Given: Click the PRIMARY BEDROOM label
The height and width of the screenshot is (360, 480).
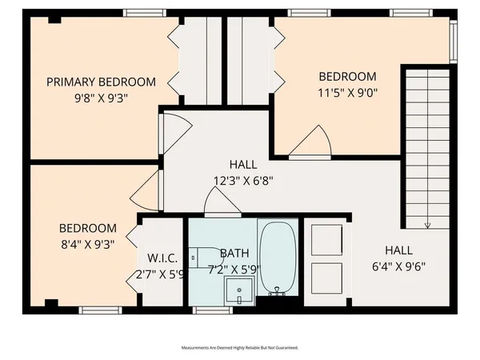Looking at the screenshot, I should (x=101, y=82).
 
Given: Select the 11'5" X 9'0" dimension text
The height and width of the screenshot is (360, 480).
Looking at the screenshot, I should (x=347, y=92).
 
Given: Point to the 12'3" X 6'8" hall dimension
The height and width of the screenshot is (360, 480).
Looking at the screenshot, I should (x=244, y=180).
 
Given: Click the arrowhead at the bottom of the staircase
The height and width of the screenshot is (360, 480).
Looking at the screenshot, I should (x=430, y=225).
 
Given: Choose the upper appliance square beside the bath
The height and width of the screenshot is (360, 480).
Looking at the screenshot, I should (x=327, y=238).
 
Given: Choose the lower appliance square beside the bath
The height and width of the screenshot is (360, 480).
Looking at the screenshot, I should (x=327, y=278).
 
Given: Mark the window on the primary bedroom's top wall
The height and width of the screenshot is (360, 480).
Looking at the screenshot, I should (x=145, y=13).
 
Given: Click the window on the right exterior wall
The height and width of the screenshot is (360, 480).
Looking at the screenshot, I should (x=453, y=40).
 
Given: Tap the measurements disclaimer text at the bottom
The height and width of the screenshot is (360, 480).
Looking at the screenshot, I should (x=240, y=348).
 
